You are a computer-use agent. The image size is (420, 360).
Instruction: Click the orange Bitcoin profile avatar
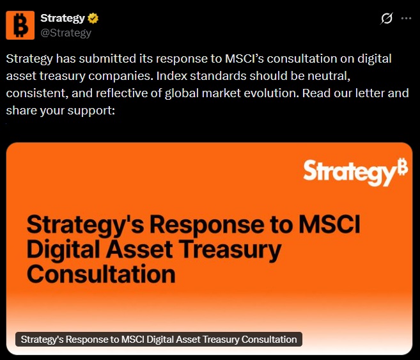tap(20, 25)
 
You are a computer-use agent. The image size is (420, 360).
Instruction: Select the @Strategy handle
tap(66, 33)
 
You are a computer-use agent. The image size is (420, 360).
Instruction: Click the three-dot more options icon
tap(406, 19)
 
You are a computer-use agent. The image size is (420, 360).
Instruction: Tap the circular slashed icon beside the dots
tap(386, 19)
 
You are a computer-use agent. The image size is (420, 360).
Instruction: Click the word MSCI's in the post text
tap(244, 59)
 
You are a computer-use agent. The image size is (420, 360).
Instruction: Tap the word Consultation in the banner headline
tap(101, 274)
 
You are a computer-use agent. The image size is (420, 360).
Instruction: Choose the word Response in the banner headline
tap(208, 225)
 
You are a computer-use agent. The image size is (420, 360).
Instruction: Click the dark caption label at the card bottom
tap(159, 340)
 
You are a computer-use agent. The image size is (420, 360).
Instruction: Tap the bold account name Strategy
tap(63, 18)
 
